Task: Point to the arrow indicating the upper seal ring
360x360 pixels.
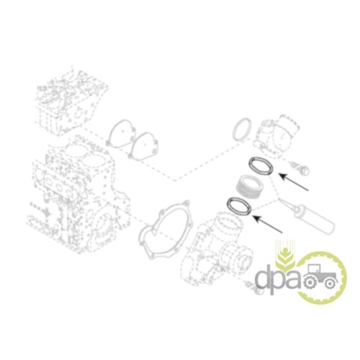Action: pos(293,181)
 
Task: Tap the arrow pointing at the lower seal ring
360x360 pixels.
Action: pos(267,224)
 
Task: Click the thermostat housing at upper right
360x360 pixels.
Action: pos(276,137)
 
